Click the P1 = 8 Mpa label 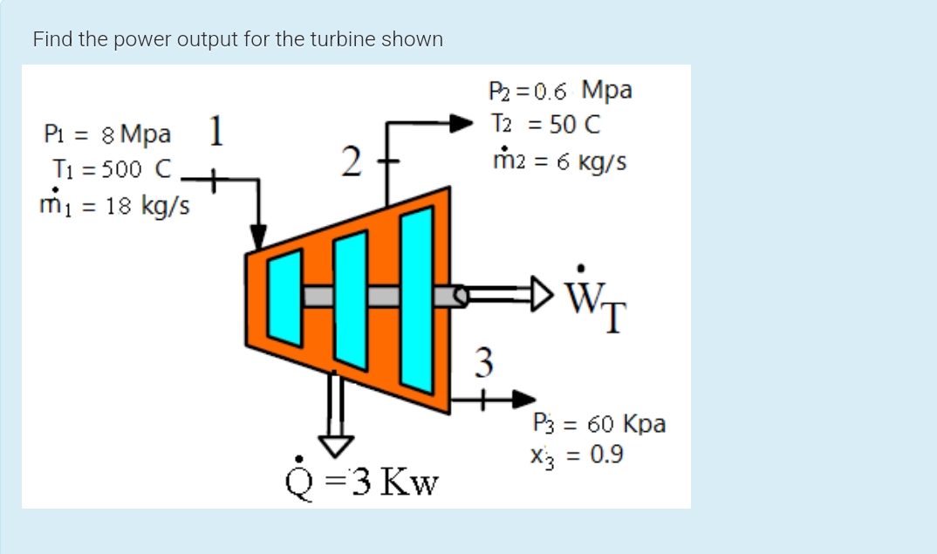[107, 135]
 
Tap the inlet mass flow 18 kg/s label [115, 207]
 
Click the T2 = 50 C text [545, 125]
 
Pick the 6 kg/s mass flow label [559, 161]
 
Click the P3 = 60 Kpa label [599, 425]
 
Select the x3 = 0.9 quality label [576, 455]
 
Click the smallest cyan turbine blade [284, 298]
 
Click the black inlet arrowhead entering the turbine [258, 236]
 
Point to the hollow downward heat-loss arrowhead [335, 443]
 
